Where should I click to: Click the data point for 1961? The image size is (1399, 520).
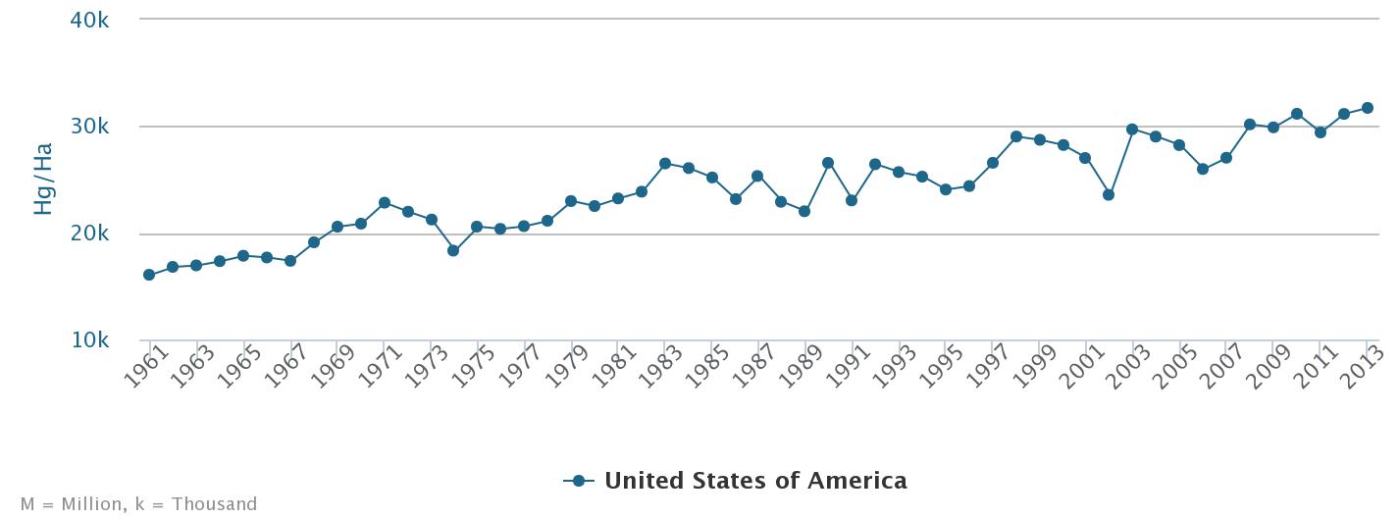coord(149,275)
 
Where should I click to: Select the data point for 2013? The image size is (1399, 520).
coord(1367,108)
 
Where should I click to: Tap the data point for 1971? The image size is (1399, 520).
coord(385,203)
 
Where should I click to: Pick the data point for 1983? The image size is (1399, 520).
coord(665,164)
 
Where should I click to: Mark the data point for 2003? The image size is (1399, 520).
coord(1132,130)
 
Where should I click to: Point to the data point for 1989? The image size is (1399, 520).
coord(804,211)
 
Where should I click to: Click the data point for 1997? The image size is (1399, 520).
coord(993,163)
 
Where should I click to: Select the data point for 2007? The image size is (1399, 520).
coord(1226,158)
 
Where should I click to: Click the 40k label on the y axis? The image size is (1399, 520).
coord(89,20)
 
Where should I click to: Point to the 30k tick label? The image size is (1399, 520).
coord(89,127)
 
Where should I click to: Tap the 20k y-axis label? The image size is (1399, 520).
coord(89,234)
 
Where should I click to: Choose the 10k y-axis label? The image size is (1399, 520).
coord(89,340)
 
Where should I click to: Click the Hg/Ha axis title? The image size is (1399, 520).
coord(43,180)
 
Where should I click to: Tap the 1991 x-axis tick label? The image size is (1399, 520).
coord(851,367)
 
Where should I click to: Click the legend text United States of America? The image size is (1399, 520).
coord(755,481)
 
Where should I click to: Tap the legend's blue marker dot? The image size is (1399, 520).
coord(579,481)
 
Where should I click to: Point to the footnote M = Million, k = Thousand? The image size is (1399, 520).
coord(138,504)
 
